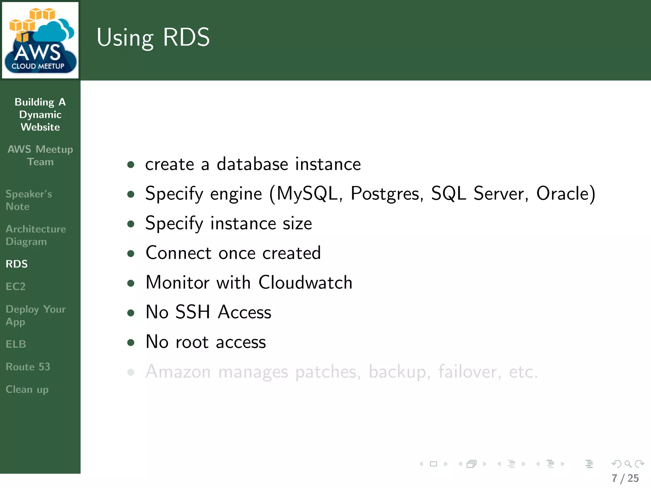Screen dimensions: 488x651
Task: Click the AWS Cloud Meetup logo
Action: tap(40, 40)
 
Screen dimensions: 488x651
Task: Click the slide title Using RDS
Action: tap(153, 37)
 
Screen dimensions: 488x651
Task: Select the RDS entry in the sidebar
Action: tap(17, 264)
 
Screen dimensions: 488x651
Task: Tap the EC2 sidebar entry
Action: tap(16, 287)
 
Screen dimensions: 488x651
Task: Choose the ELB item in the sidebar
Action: tap(16, 344)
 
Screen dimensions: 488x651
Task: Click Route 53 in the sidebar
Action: tap(28, 367)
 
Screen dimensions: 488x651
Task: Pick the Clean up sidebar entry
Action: tap(27, 390)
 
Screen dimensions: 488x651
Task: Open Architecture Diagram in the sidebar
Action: tap(36, 235)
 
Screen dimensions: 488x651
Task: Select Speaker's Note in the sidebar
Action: tap(29, 200)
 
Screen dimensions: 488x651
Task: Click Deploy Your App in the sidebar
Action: tap(35, 315)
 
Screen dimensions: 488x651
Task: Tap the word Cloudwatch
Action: tap(305, 282)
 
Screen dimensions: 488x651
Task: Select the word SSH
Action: tap(193, 312)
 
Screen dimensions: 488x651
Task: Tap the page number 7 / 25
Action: tap(625, 478)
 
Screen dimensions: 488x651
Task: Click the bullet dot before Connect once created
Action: tap(131, 254)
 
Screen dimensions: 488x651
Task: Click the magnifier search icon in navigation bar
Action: tap(628, 464)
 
